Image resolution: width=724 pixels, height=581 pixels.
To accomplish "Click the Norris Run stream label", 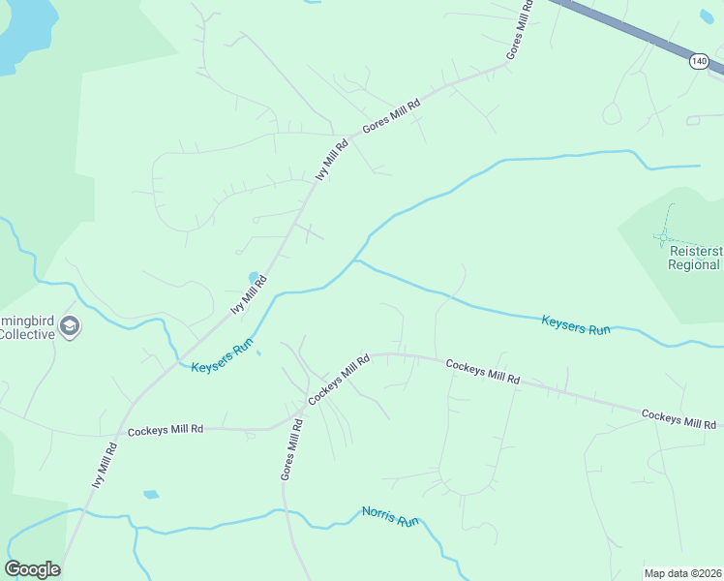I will (390, 516).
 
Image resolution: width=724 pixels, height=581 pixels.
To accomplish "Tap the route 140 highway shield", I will (699, 61).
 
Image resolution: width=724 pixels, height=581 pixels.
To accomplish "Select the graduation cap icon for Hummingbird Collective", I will (69, 325).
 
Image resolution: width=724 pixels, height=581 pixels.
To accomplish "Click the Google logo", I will (32, 569).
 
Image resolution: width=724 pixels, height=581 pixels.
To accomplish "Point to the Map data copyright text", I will (683, 573).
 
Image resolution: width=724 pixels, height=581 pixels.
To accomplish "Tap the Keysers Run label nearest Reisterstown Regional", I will (576, 326).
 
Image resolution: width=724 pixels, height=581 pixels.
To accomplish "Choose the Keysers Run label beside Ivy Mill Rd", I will (222, 356).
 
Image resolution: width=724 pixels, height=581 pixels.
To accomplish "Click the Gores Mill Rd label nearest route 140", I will (520, 31).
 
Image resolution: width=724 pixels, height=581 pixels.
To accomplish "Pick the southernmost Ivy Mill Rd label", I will (104, 466).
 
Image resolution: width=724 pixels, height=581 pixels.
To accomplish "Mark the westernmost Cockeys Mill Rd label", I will (166, 429).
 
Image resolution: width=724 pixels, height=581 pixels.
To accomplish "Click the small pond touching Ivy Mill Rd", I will (255, 277).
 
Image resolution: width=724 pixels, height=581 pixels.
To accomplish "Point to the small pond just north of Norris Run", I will (151, 495).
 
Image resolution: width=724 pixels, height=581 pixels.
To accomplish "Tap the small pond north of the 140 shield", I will (707, 15).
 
